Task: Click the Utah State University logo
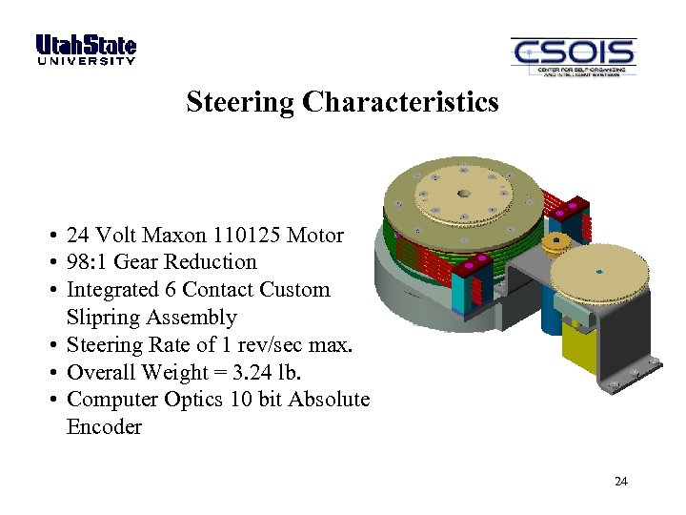(x=86, y=50)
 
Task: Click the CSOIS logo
(x=573, y=57)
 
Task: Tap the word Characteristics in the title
(x=400, y=101)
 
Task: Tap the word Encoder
(x=104, y=427)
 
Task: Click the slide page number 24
(x=621, y=482)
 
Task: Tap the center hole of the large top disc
(x=464, y=194)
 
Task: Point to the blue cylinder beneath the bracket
(x=551, y=319)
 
